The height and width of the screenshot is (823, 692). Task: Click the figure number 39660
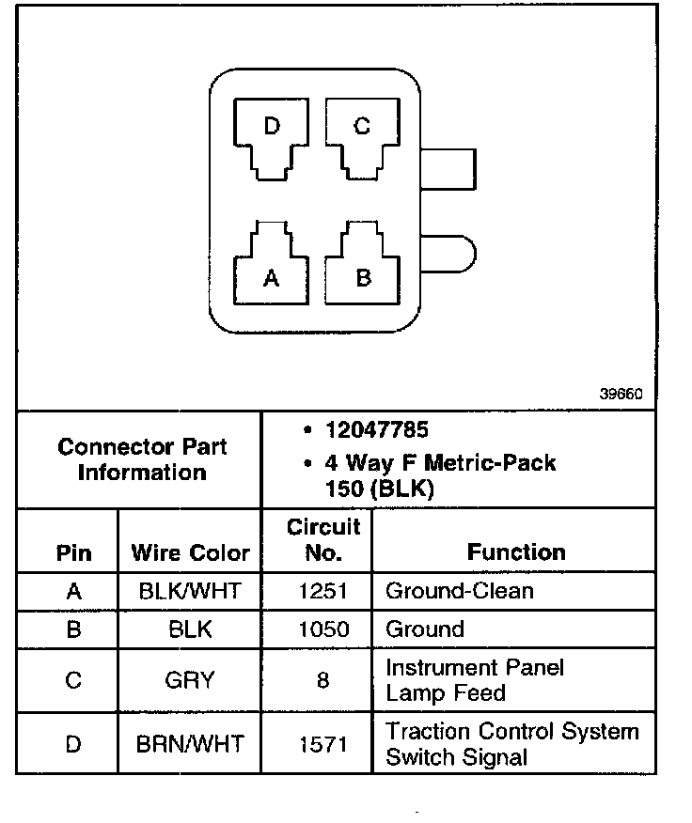point(621,396)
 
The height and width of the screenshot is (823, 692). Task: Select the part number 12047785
point(376,430)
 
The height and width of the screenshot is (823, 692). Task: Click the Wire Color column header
point(190,552)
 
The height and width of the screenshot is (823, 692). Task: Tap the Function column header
point(516,552)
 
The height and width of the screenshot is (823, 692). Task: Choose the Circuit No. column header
point(323,539)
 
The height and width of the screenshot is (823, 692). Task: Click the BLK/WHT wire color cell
point(190,591)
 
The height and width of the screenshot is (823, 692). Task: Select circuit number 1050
point(323,629)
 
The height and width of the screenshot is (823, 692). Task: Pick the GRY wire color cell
point(190,680)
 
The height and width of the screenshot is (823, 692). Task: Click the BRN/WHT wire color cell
point(190,744)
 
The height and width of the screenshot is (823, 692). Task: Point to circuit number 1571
point(323,744)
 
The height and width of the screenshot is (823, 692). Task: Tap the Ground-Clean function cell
point(460,591)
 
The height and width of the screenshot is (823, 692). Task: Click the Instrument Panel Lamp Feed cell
point(474,680)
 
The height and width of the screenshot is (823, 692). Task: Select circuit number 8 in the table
point(323,680)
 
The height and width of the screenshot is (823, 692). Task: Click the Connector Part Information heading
point(142,459)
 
